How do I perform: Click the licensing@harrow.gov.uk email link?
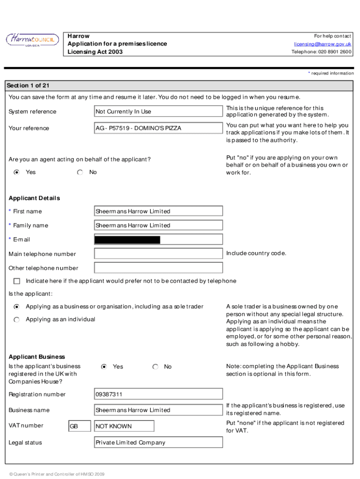pos(323,44)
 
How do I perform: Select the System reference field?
pos(158,111)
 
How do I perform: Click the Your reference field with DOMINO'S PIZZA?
pos(158,128)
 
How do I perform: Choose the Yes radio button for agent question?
pos(17,172)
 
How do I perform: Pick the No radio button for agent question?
pos(80,172)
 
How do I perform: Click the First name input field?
pos(158,211)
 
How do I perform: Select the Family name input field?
pos(158,225)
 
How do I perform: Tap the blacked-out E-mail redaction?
pos(127,240)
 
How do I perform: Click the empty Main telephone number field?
pos(158,254)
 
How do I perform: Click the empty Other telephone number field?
pos(158,268)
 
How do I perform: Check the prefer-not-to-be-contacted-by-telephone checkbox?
pos(17,281)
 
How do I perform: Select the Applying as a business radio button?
pos(17,307)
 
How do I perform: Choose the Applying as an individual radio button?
pos(17,319)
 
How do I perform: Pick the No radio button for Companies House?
pos(156,367)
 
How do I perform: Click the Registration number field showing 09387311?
pos(158,394)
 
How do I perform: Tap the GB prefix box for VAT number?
pos(79,426)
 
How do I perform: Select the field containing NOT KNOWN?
pos(124,426)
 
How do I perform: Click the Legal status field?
pos(158,443)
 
